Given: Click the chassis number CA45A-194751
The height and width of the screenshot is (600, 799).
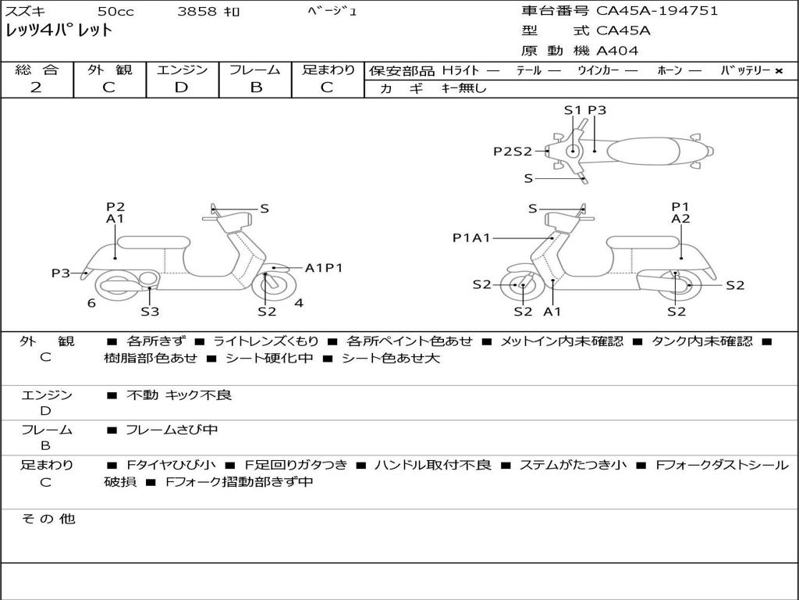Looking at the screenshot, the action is pyautogui.click(x=657, y=11).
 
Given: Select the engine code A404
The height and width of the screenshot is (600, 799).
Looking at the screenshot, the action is pyautogui.click(x=616, y=51).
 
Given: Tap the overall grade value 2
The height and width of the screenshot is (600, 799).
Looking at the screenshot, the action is pyautogui.click(x=36, y=87).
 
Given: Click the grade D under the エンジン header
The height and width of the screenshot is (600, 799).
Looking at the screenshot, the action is pyautogui.click(x=181, y=87).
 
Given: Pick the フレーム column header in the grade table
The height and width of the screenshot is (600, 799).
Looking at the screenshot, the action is pyautogui.click(x=255, y=70).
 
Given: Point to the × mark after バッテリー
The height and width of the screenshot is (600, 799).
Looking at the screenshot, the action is pyautogui.click(x=779, y=71).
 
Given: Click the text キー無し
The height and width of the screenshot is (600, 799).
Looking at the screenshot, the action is pyautogui.click(x=464, y=88).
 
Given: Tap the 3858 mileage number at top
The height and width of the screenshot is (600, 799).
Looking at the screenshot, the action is pyautogui.click(x=197, y=11).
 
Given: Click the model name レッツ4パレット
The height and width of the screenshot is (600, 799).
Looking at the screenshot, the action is pyautogui.click(x=59, y=30).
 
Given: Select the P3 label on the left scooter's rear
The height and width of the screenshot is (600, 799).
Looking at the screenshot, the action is pyautogui.click(x=61, y=273).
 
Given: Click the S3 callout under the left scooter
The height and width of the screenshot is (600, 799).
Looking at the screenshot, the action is pyautogui.click(x=150, y=311).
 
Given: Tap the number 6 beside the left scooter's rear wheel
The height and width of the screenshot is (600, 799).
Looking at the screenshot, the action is pyautogui.click(x=91, y=303).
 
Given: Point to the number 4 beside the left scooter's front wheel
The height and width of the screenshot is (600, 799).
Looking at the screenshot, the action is pyautogui.click(x=299, y=303).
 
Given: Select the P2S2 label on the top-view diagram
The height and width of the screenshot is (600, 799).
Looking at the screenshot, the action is pyautogui.click(x=513, y=152).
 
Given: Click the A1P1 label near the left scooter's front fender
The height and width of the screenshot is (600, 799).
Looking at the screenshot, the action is pyautogui.click(x=324, y=268).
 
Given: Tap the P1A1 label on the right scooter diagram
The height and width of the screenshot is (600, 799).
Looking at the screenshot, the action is pyautogui.click(x=471, y=237).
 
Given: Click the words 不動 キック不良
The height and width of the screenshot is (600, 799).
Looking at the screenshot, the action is pyautogui.click(x=179, y=395).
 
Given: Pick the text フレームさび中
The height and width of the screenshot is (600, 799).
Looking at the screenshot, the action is pyautogui.click(x=172, y=430).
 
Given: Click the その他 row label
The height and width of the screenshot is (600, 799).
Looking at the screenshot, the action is pyautogui.click(x=48, y=519).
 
